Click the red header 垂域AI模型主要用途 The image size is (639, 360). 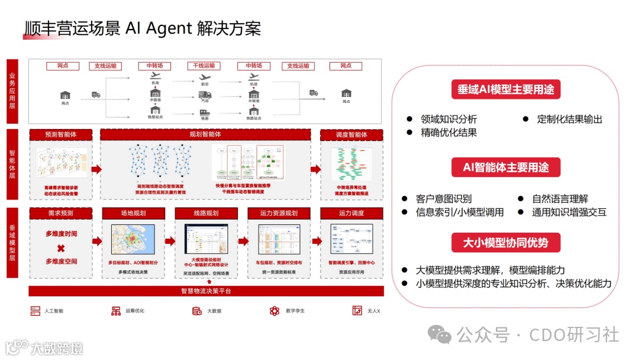[505, 89]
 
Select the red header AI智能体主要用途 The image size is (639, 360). [505, 167]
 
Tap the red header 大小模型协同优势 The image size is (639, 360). [505, 242]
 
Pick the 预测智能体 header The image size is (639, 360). [61, 134]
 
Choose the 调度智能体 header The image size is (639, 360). [351, 134]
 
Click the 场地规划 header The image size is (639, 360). [133, 213]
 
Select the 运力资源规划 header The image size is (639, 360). [279, 213]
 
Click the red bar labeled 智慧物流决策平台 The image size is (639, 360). [206, 291]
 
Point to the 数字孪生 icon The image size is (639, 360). [274, 310]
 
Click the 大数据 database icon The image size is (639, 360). [196, 310]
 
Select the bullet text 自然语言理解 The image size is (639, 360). [560, 199]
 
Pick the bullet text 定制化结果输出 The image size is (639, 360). [569, 119]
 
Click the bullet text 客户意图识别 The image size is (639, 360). [444, 199]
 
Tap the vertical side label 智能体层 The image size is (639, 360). [12, 164]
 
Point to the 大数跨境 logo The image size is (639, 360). [44, 348]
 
